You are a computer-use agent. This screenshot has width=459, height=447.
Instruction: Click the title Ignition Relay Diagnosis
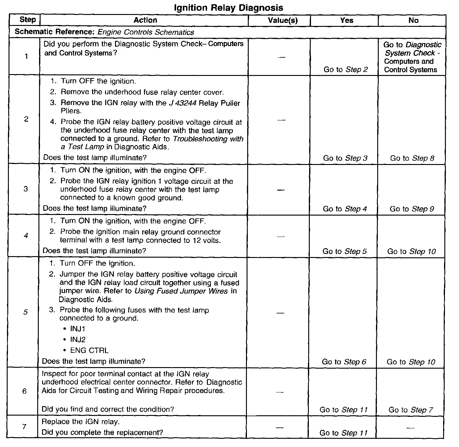228,8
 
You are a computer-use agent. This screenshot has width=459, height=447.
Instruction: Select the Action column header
145,20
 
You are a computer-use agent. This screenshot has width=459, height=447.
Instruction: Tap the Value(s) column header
283,20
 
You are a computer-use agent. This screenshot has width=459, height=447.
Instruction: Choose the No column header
413,20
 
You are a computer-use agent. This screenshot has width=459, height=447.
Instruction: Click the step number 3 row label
25,189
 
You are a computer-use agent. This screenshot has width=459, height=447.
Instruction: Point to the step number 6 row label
24,391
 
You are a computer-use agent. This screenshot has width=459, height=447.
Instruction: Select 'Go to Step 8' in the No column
412,158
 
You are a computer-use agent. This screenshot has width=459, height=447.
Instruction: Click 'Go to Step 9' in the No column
412,209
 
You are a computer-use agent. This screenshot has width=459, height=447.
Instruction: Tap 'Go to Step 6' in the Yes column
344,362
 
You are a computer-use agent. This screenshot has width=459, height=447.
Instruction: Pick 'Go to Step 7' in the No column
410,410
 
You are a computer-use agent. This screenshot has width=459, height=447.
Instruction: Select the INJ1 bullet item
78,329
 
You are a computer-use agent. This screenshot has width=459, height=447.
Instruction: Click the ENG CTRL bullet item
89,350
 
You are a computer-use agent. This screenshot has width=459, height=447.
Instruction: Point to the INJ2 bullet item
78,339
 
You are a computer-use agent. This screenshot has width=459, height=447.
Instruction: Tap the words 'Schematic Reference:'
55,32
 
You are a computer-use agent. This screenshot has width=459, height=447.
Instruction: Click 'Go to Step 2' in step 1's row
345,70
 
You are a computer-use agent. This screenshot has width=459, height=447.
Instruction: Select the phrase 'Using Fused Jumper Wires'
181,291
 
